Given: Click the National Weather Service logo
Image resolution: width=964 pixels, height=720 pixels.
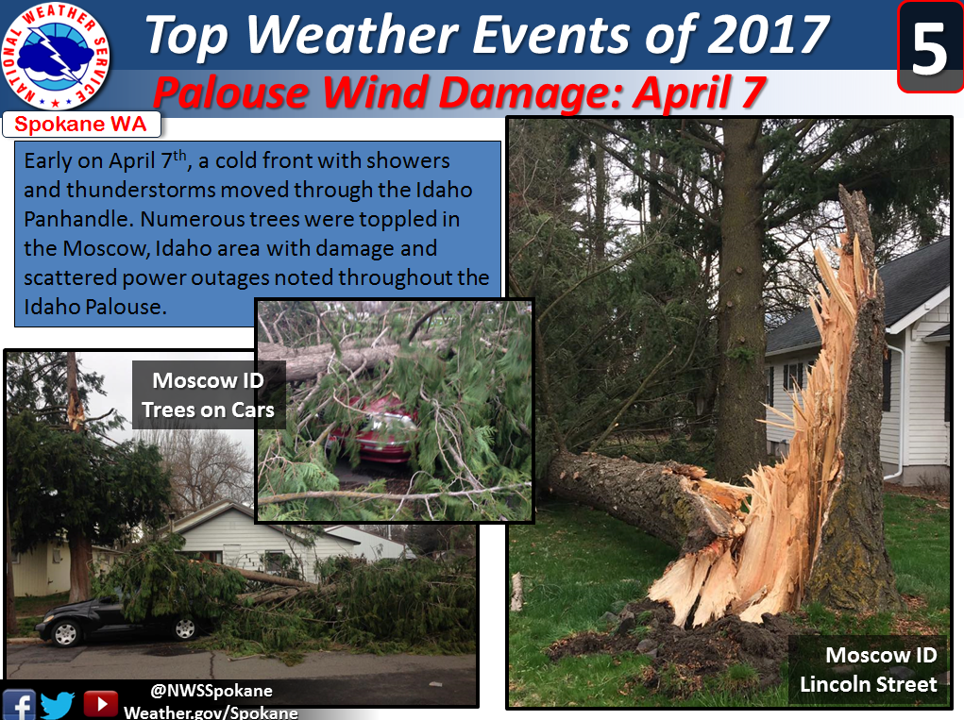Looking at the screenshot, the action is pos(56,56).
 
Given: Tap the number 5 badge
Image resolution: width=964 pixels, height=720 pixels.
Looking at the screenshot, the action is pos(930,47).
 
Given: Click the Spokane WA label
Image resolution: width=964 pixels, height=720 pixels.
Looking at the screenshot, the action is pos(80,125).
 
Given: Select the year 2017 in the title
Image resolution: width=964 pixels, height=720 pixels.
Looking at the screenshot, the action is pos(768,34).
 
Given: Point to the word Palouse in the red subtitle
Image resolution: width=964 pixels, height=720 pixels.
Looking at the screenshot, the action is pos(230,92).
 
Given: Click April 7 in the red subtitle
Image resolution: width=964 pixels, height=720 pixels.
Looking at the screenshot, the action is pos(699,93).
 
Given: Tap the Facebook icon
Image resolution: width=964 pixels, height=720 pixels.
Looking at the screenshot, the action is pos(19,705).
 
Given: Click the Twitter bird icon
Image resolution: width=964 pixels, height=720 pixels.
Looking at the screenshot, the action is pos(58,705).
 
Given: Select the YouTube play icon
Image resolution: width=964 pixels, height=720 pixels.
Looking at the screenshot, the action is pos(100,704).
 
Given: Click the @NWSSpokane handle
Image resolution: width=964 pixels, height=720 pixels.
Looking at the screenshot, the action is pos(211,691).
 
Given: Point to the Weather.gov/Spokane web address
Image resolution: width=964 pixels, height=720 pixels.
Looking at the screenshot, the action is pos(211,712).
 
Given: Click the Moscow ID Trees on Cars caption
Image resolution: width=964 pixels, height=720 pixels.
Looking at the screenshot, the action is pos(209,395).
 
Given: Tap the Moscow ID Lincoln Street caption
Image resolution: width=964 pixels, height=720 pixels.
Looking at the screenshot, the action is pos(868,670).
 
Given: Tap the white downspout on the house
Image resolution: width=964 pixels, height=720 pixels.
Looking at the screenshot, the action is pos(898,411).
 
